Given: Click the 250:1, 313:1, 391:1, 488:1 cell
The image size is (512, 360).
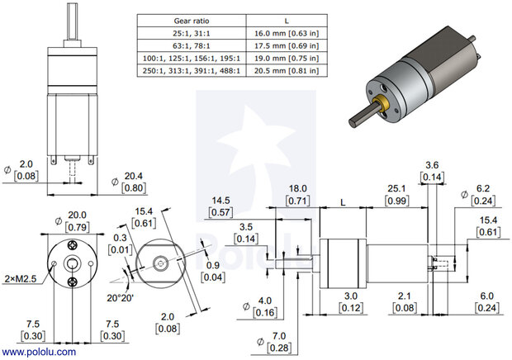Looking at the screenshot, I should pos(189,72).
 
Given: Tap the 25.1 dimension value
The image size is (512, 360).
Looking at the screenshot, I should pos(396,189).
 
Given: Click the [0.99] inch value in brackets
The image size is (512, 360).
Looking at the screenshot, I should pos(396,201).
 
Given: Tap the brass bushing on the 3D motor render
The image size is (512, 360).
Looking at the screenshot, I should pos(383,105).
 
